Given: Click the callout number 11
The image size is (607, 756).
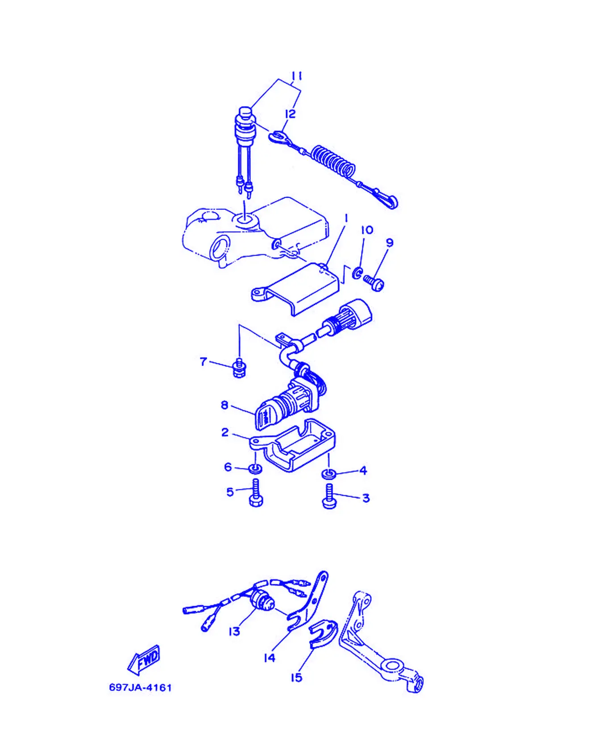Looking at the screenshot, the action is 297,76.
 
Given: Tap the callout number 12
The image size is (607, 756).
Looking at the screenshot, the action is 291,114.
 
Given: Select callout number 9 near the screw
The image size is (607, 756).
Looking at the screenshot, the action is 390,243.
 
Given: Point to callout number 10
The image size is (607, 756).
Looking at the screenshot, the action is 367,230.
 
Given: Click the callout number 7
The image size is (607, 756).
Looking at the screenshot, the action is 204,361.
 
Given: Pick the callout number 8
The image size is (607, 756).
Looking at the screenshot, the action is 225,405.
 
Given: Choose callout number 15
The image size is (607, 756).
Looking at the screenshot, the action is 296,677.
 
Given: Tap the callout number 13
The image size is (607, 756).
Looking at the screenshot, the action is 234,631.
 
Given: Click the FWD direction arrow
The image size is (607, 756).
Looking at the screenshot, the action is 144,660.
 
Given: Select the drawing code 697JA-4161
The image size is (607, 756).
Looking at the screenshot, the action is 141,688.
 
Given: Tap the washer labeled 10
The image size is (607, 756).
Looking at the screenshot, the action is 357,272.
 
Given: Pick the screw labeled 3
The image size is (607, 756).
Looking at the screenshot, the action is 329,496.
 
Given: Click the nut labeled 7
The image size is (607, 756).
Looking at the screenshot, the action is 240,368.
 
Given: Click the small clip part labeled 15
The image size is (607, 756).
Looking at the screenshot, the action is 323,633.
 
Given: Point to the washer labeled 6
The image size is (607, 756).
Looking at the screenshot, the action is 256,469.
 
